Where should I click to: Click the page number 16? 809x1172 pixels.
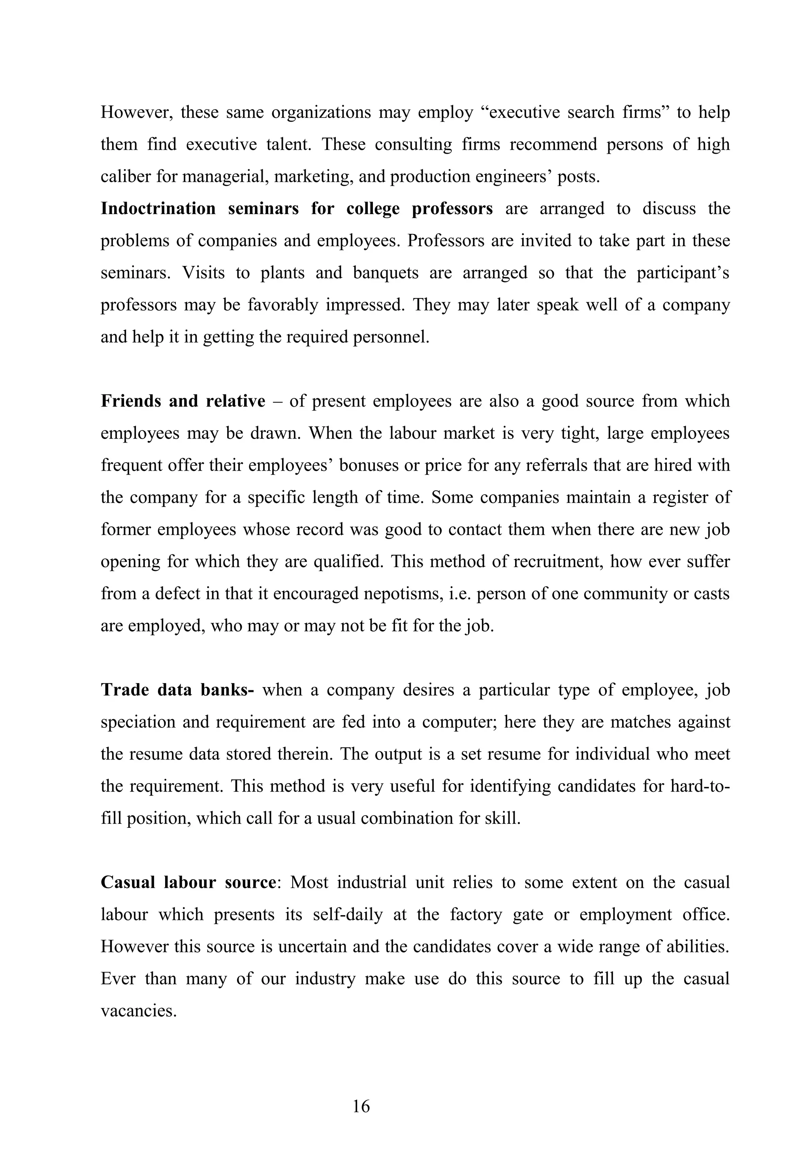tap(361, 1106)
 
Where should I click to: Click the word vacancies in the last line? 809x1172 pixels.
tap(138, 1011)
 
